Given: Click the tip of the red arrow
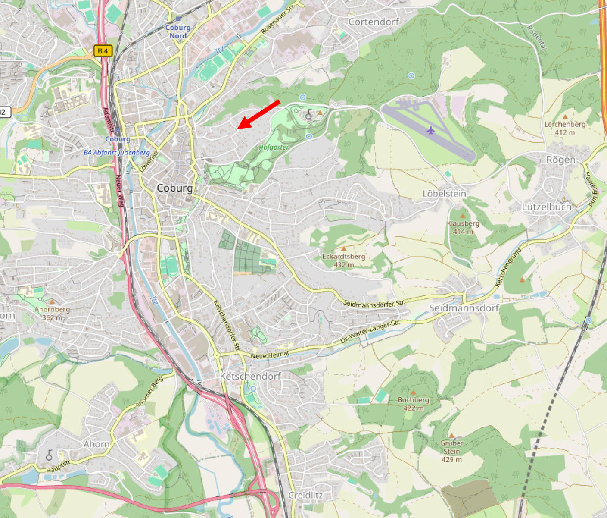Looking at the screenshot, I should click(x=238, y=128).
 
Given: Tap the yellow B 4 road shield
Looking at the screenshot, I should click(x=103, y=51).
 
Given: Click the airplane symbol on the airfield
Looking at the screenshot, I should click(x=430, y=130).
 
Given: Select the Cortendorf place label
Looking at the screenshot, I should click(x=374, y=22).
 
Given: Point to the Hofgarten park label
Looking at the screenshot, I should click(x=274, y=147).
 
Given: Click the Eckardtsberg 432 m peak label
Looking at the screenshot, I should click(x=343, y=260).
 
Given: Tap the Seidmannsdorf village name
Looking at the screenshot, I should click(x=464, y=308).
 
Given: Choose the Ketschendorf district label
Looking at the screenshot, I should click(x=250, y=376).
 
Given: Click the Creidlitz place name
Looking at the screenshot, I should click(x=305, y=495).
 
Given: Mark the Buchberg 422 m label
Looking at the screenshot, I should click(x=413, y=403).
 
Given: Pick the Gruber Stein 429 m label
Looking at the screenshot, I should click(x=451, y=451).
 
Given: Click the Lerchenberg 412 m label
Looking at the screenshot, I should click(x=565, y=128).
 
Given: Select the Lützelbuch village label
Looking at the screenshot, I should click(x=546, y=207).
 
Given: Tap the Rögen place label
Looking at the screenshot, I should click(x=560, y=160).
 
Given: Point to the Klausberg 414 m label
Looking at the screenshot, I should click(x=463, y=227).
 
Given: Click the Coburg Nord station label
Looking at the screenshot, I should click(x=177, y=31).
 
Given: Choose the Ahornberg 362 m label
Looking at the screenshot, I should click(x=52, y=313).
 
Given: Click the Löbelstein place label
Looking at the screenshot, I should click(x=444, y=194).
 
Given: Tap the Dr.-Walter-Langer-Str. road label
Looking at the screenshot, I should click(x=370, y=331).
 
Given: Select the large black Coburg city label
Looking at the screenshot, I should click(x=174, y=188).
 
